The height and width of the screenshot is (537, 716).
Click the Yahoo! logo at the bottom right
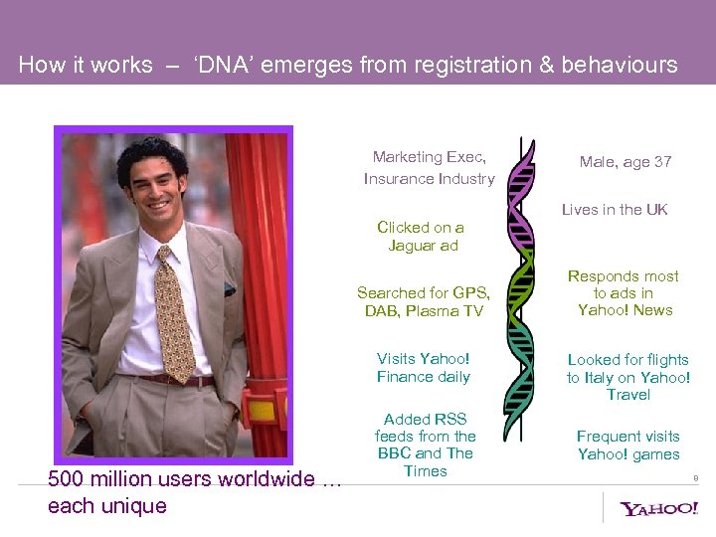[658, 509]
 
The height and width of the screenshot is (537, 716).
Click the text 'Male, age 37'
[626, 162]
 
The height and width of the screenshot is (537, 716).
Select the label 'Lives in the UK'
[615, 210]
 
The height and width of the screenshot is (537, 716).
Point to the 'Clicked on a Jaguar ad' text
[422, 237]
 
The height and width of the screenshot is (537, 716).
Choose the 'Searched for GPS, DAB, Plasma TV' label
[424, 302]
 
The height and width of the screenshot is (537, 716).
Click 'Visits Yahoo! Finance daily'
[424, 368]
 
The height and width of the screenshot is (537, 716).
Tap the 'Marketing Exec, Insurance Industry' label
[429, 168]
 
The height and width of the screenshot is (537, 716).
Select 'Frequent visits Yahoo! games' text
[628, 446]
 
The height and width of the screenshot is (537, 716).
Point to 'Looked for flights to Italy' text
[628, 377]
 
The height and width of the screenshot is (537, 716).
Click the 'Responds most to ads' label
[624, 293]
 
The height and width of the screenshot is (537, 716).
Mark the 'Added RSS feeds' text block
[426, 445]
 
